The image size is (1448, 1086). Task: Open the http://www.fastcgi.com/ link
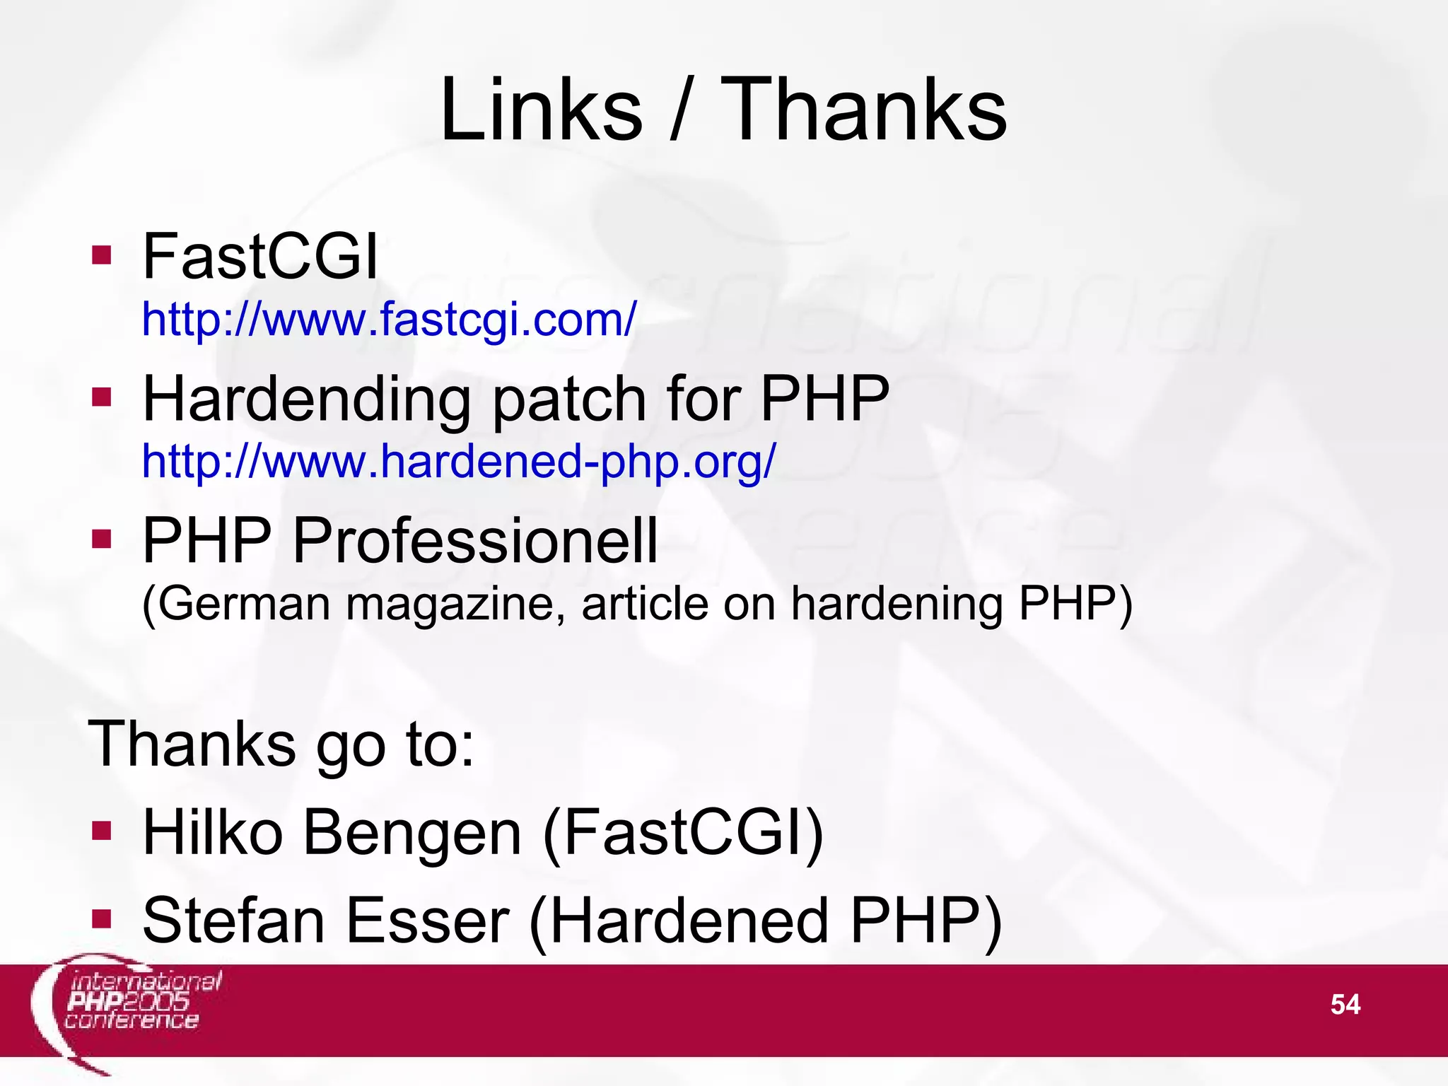click(x=389, y=320)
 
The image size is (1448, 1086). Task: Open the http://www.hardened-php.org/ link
click(x=459, y=462)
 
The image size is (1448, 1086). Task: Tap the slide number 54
click(x=1345, y=1005)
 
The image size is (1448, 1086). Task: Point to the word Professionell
click(x=474, y=541)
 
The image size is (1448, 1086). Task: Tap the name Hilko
click(x=213, y=833)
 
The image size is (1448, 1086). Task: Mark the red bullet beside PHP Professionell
click(x=102, y=539)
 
